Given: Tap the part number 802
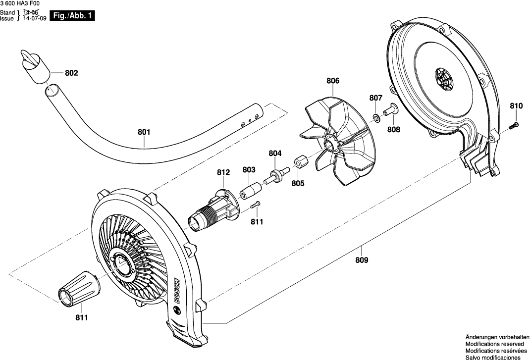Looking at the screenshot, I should pyautogui.click(x=71, y=73).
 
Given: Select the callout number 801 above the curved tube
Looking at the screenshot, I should pyautogui.click(x=144, y=132).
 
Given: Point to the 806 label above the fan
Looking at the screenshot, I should pyautogui.click(x=332, y=81).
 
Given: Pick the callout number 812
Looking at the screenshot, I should pyautogui.click(x=223, y=172).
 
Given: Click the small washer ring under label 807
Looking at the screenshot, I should pyautogui.click(x=376, y=117).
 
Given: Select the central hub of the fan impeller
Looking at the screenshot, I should pyautogui.click(x=331, y=144).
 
